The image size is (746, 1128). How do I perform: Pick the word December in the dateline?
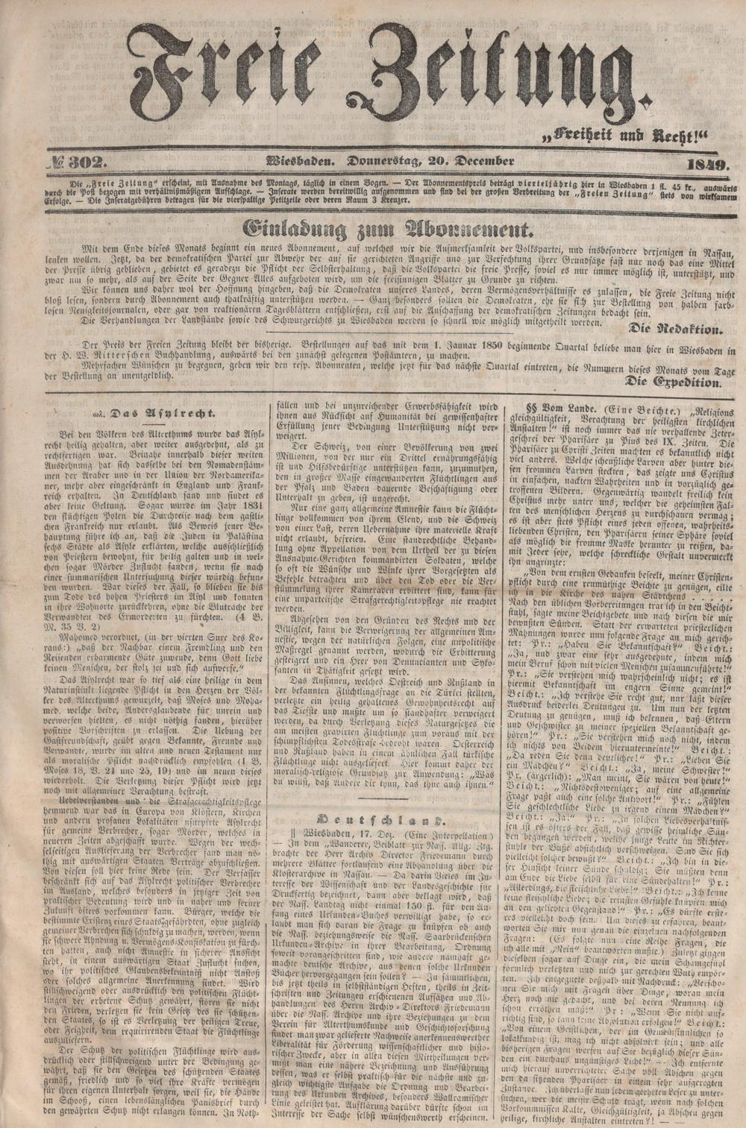(x=486, y=163)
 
